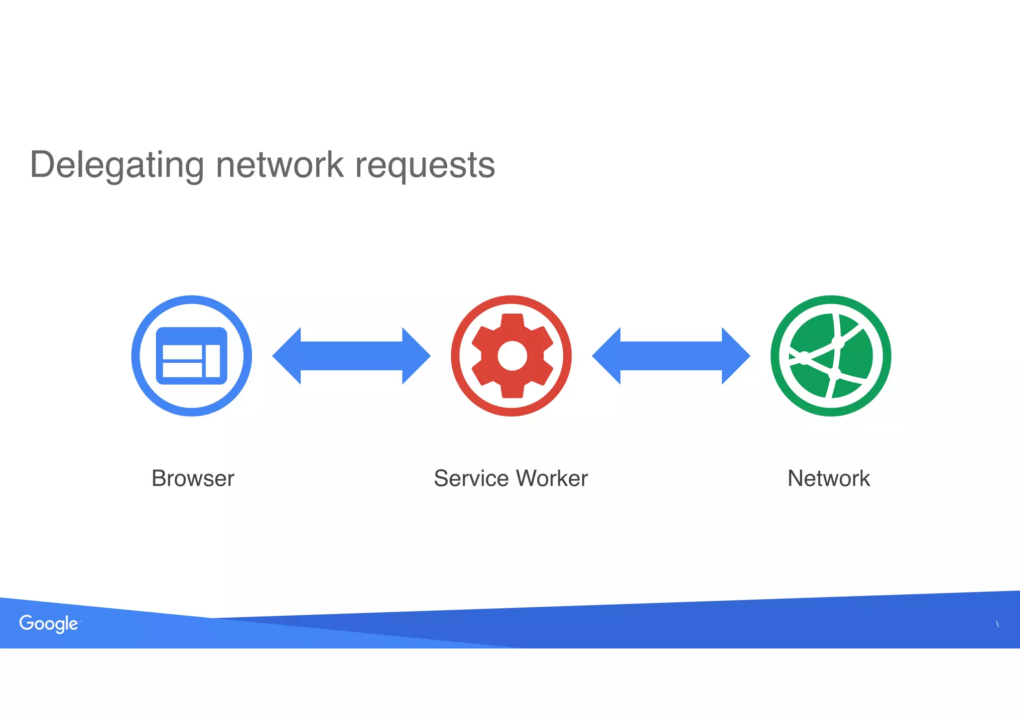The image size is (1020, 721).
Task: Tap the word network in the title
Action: [279, 164]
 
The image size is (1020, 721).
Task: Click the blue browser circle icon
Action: [192, 356]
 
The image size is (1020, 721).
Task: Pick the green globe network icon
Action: [831, 356]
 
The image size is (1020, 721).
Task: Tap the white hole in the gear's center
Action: [512, 356]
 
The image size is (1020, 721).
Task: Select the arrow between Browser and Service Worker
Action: [351, 356]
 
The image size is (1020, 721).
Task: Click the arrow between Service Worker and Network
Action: [671, 356]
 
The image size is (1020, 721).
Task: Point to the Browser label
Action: [193, 478]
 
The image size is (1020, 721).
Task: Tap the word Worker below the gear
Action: [552, 478]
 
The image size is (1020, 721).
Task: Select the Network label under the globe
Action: [829, 478]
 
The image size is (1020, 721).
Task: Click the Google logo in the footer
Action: [48, 623]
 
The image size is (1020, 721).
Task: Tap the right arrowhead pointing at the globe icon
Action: [735, 356]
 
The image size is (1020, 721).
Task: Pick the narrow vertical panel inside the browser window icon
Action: [213, 361]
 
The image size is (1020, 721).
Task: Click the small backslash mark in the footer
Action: [997, 624]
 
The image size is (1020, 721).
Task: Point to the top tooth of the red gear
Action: [512, 321]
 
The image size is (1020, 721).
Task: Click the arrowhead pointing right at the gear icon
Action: [415, 356]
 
